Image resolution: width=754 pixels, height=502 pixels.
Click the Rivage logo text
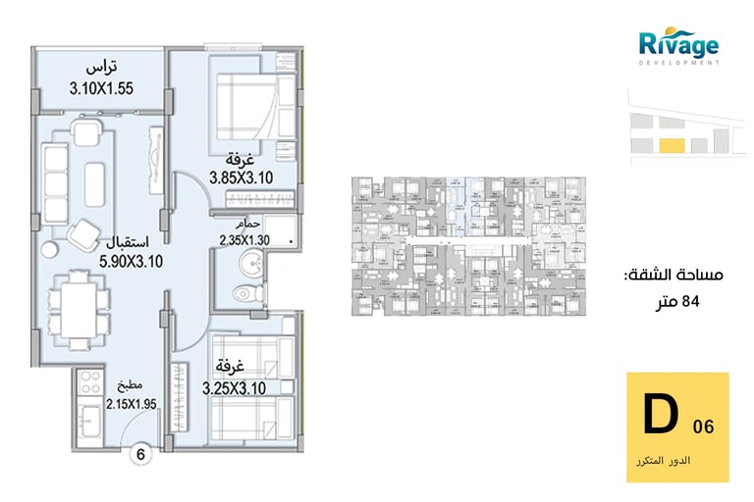pos(678,44)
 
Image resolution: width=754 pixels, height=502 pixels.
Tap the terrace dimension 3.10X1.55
pos(101,88)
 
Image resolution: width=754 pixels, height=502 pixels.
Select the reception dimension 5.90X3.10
pos(131,262)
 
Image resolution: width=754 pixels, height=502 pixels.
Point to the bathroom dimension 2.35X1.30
pos(244,239)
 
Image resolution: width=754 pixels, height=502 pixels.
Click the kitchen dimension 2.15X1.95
pos(131,404)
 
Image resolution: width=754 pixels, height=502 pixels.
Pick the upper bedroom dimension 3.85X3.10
pos(241,177)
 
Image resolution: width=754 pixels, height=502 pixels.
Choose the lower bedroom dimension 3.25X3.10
pos(234,388)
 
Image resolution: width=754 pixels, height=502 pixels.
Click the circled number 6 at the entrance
pos(140,454)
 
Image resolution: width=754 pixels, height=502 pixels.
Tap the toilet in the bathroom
pos(248,292)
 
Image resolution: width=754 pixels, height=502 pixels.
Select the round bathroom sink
pos(250,263)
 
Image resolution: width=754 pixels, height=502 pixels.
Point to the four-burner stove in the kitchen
pos(90,382)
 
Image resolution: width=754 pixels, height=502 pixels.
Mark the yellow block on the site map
pos(672,145)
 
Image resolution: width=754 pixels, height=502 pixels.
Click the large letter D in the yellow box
pos(661,414)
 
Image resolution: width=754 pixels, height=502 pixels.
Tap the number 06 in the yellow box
pos(704,427)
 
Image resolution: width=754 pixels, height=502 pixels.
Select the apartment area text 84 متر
pos(678,302)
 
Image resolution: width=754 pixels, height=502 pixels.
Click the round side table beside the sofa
pos(49,250)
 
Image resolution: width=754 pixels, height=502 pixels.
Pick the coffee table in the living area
pos(94,185)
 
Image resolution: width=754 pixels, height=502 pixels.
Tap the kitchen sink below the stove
pos(90,421)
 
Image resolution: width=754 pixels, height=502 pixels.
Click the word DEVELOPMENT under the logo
pos(679,63)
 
